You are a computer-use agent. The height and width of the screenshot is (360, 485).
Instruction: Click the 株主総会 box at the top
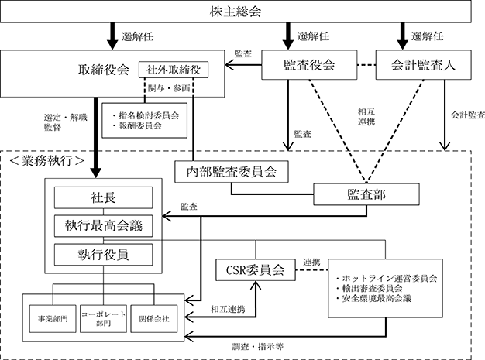click(242, 12)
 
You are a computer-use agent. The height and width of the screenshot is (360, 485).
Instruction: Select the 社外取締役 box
click(175, 70)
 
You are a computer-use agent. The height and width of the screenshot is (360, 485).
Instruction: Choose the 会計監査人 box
click(421, 66)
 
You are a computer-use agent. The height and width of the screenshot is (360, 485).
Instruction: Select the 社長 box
click(102, 198)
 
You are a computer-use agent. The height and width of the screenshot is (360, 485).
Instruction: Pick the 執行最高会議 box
click(102, 226)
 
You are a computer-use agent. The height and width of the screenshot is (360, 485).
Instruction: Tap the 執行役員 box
click(102, 253)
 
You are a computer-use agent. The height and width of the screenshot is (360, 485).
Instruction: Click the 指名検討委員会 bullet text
click(148, 115)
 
